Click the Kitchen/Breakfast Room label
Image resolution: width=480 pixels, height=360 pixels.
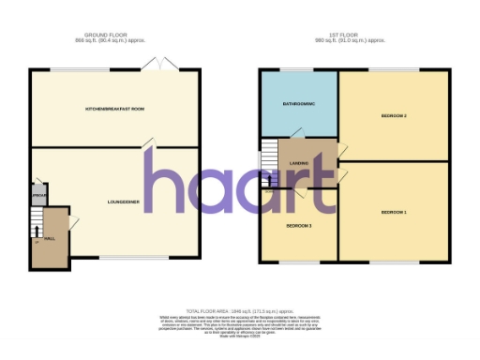115,109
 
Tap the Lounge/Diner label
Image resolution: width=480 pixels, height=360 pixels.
123,202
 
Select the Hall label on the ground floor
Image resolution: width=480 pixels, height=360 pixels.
50,238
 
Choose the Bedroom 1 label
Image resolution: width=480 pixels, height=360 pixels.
394,213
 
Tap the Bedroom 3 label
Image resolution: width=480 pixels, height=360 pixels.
298,226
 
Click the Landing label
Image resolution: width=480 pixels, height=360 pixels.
299,164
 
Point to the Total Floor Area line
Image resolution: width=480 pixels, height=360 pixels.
240,309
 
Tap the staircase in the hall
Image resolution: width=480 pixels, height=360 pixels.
37,230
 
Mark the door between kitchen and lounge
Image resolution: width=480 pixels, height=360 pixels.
148,144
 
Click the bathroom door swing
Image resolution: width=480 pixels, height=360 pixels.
297,133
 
